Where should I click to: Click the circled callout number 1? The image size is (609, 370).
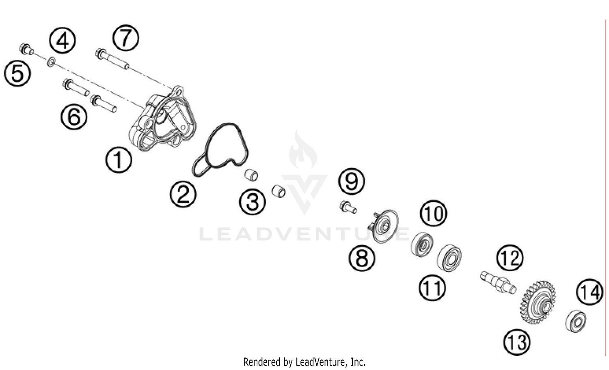coord(119,160)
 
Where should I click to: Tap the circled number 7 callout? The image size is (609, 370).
coord(125,38)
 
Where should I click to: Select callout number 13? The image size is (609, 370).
coord(516,342)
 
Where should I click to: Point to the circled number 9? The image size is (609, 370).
coord(352,181)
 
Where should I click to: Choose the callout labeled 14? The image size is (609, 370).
coord(590,292)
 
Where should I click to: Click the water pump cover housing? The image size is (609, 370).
coord(162,119)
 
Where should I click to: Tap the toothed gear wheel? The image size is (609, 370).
coord(538,303)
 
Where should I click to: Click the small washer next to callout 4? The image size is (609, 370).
coord(51,62)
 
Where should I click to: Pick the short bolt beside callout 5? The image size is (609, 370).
coord(26,49)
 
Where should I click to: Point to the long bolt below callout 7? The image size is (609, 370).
coord(112,59)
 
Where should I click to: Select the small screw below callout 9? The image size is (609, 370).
coord(348,207)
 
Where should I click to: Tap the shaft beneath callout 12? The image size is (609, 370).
coord(498,283)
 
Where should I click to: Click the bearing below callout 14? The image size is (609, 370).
coord(576,321)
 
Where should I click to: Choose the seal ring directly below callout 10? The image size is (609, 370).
coord(422,245)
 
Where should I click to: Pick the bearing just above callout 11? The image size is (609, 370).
coord(449,258)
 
